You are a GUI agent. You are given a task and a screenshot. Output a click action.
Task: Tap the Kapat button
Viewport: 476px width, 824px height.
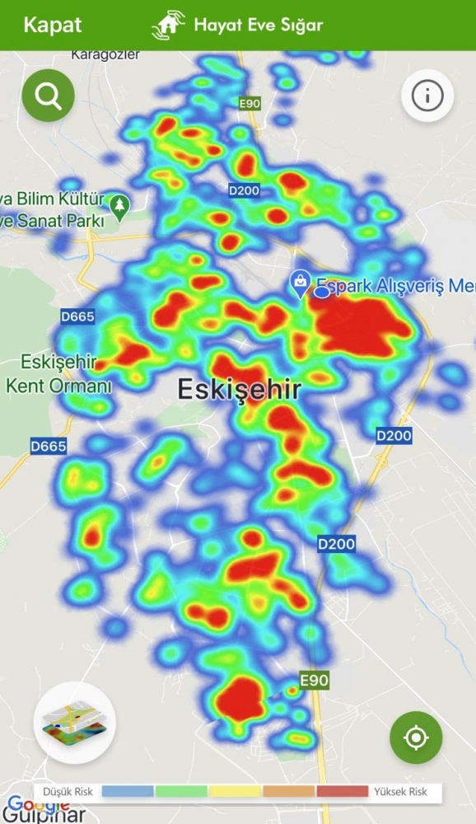52,24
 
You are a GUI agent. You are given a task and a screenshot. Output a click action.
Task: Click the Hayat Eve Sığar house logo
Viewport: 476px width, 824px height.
168,25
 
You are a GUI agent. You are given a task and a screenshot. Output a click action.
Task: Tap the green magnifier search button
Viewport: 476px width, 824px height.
49,96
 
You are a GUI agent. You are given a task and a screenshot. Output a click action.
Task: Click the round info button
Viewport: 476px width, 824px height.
427,96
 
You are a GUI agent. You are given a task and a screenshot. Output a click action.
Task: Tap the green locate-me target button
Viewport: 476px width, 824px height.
416,737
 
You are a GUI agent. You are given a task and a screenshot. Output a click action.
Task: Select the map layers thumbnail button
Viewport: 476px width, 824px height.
75,723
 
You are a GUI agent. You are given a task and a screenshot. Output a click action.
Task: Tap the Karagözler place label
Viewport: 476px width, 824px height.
105,54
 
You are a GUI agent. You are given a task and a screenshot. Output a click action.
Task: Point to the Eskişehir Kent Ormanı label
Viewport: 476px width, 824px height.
59,373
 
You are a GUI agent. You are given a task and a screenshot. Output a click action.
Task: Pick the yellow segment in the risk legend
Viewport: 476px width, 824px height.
236,792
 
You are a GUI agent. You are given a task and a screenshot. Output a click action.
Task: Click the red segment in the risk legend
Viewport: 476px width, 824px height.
342,792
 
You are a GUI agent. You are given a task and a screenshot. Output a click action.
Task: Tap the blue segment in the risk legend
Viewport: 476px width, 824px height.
128,792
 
